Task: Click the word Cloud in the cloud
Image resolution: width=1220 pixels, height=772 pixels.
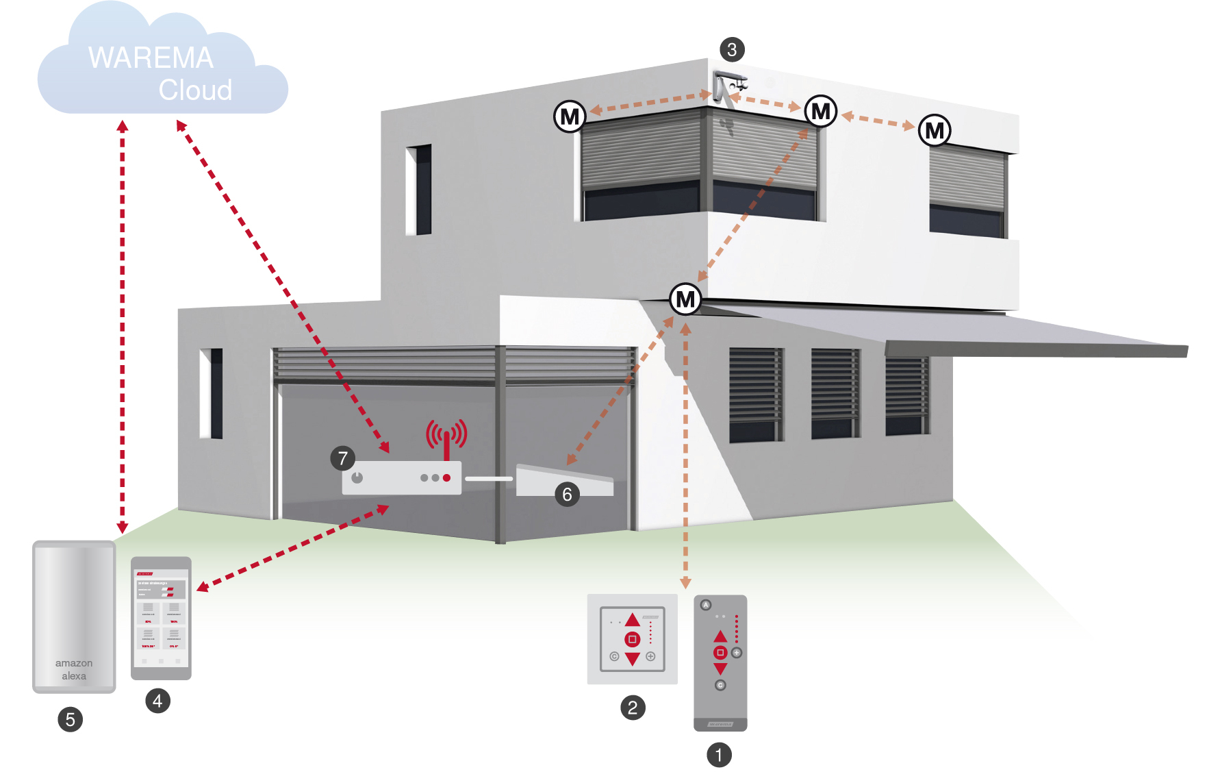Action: (195, 90)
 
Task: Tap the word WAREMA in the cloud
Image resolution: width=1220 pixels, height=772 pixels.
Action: (151, 58)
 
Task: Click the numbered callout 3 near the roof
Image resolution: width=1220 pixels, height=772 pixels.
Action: (732, 49)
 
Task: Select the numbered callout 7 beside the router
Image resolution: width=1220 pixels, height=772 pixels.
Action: (343, 458)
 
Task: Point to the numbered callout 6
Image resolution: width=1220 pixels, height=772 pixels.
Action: (567, 494)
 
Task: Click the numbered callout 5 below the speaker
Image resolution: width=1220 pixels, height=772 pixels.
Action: (70, 719)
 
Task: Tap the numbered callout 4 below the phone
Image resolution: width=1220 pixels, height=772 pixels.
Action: (157, 701)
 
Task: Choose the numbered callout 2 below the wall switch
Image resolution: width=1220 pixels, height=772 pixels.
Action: (633, 708)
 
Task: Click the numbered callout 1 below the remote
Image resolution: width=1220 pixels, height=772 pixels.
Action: (719, 755)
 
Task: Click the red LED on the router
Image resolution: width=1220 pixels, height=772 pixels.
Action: (446, 477)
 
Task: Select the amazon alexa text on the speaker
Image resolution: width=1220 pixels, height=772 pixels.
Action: (74, 669)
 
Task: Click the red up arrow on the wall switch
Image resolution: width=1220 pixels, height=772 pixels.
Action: (633, 620)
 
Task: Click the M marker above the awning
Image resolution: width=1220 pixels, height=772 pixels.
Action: (685, 299)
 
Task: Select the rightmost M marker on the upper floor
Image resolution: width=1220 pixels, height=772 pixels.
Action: (935, 130)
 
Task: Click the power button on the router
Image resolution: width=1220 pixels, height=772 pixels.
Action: (357, 477)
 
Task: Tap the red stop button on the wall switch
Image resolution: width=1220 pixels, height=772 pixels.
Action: (633, 639)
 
